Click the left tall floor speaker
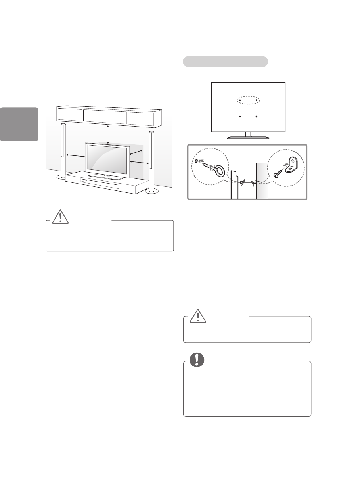click(x=63, y=151)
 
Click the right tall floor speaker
click(x=151, y=159)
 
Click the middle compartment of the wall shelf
click(x=105, y=115)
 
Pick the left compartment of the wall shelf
click(x=70, y=115)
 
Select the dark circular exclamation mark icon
click(x=197, y=359)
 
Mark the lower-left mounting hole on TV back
click(x=240, y=117)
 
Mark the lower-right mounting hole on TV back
click(x=257, y=117)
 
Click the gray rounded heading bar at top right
click(x=225, y=62)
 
